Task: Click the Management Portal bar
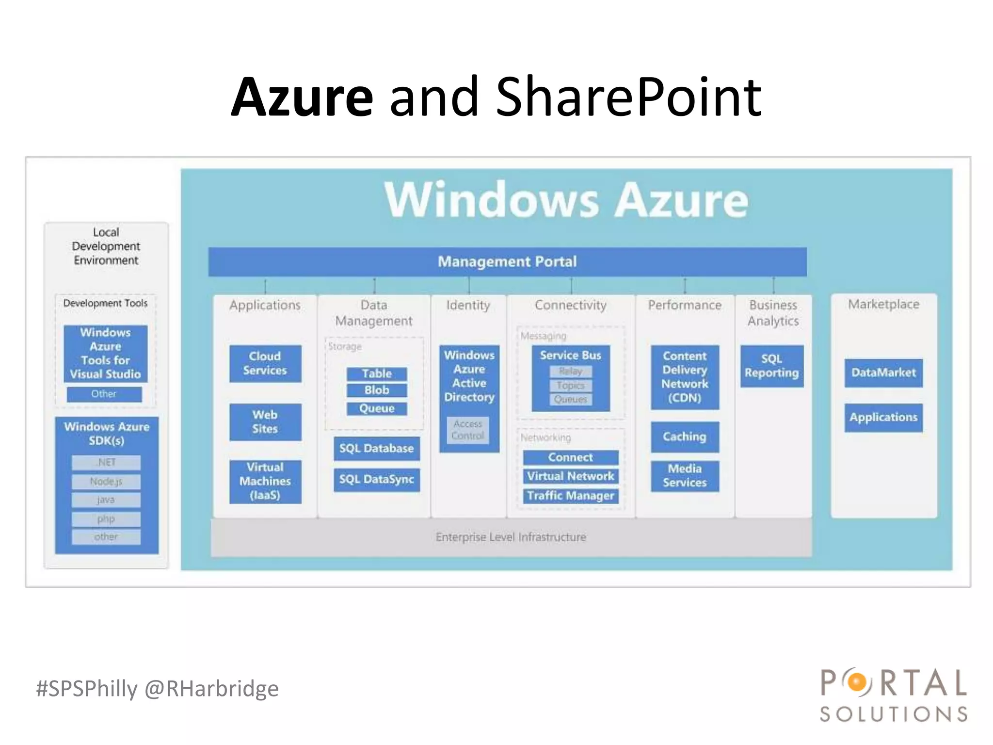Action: (507, 262)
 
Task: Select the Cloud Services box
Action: (265, 363)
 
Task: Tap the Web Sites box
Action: (265, 422)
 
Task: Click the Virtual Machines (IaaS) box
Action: (265, 481)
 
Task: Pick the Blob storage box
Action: (377, 390)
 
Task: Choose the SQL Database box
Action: (377, 448)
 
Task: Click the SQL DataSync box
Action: (377, 480)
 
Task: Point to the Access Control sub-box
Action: (468, 430)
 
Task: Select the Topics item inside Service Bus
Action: (571, 386)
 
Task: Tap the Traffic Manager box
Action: (571, 496)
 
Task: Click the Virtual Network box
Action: (571, 476)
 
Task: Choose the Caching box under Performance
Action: (685, 437)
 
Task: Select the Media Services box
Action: (685, 476)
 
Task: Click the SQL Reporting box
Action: (772, 366)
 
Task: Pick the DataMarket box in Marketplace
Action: (883, 372)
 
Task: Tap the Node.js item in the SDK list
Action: (106, 482)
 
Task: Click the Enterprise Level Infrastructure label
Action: (511, 537)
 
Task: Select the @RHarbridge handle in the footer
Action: (212, 689)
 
